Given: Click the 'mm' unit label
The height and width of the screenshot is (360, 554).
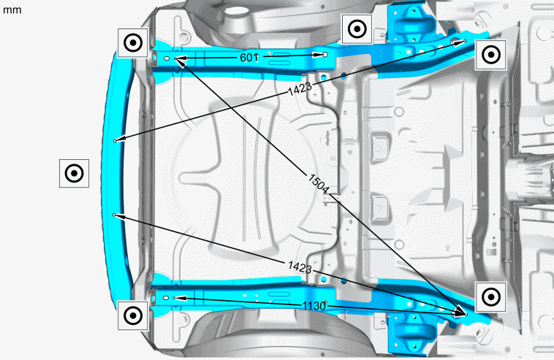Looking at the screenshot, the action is click(12, 10).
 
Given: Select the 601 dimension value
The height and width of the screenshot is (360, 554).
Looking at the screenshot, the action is click(249, 57).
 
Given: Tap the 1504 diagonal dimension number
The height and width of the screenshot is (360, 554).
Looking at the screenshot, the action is click(319, 183).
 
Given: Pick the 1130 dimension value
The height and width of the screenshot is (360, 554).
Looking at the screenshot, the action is click(314, 306).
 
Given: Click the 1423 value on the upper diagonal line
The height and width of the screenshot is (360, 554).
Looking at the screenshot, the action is click(300, 88).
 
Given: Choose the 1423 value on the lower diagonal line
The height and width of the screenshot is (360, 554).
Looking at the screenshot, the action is click(300, 267).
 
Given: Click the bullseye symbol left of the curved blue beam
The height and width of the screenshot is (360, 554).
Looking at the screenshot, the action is click(75, 173).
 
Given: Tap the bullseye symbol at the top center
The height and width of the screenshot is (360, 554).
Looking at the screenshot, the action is click(357, 29).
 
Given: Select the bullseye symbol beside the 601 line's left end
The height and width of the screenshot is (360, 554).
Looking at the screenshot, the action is click(133, 42).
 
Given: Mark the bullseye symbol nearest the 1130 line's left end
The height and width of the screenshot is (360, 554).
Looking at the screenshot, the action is click(133, 315).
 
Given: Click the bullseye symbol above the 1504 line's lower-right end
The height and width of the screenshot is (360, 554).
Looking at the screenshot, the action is click(491, 297).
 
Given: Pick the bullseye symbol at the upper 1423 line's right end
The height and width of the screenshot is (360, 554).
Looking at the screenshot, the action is click(491, 55).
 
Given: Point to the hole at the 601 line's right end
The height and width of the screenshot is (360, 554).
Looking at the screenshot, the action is click(325, 54).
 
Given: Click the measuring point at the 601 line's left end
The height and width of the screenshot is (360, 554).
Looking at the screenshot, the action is click(175, 58).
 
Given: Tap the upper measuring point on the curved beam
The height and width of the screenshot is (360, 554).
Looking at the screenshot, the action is click(115, 141).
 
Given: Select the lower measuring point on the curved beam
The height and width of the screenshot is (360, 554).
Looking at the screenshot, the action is click(114, 215).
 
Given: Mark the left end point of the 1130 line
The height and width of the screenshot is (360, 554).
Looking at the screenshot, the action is click(174, 298).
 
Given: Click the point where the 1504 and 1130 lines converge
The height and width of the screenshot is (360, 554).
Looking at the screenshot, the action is click(466, 315).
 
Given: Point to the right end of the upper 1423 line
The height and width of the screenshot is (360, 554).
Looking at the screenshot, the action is click(465, 41).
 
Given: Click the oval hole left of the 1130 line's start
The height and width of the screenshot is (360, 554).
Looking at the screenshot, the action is click(166, 298).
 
